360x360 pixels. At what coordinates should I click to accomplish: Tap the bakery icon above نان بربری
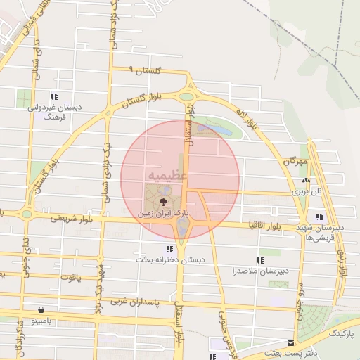(306, 181)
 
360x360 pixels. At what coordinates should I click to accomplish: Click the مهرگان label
(296, 161)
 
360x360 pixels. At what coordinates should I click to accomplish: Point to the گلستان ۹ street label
(146, 70)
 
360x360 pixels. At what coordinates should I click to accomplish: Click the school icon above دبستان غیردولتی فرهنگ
(53, 97)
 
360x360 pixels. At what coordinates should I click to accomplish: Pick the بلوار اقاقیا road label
(264, 225)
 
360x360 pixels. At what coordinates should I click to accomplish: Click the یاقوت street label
(72, 277)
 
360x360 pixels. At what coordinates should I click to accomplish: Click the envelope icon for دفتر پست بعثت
(291, 342)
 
